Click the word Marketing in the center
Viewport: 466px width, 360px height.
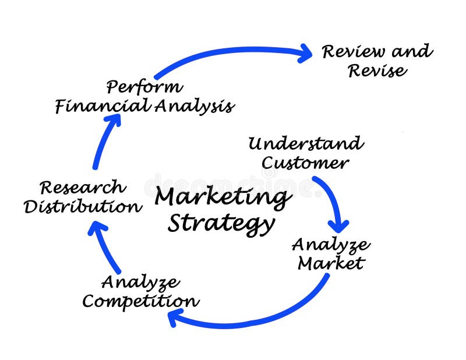pyautogui.click(x=223, y=199)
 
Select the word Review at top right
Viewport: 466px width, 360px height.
pyautogui.click(x=353, y=52)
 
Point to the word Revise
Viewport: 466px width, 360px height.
pyautogui.click(x=377, y=71)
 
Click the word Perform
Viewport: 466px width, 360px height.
pyautogui.click(x=144, y=87)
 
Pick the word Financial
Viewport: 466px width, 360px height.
pyautogui.click(x=102, y=106)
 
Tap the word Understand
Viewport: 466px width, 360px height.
pyautogui.click(x=305, y=143)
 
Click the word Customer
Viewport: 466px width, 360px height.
pyautogui.click(x=305, y=163)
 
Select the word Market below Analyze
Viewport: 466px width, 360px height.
pyautogui.click(x=330, y=263)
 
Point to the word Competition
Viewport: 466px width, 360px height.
pyautogui.click(x=140, y=301)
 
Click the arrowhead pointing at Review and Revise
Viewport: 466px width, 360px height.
pyautogui.click(x=304, y=54)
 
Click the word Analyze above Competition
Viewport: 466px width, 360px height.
pyautogui.click(x=140, y=283)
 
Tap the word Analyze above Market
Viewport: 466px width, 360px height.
pyautogui.click(x=330, y=244)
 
